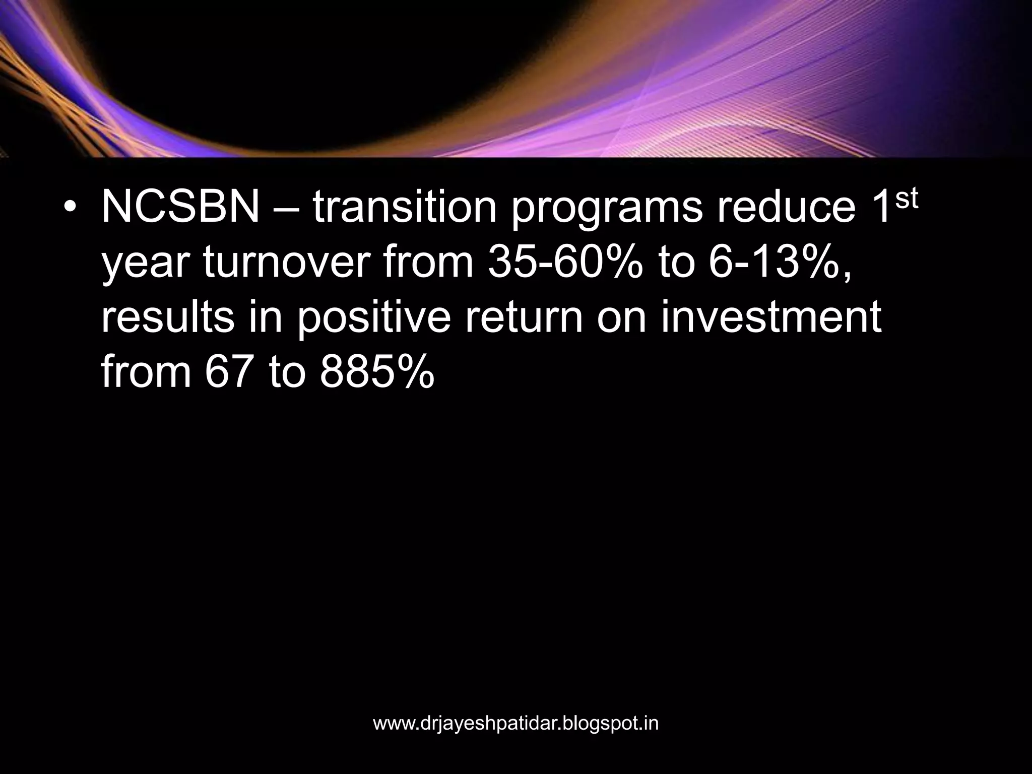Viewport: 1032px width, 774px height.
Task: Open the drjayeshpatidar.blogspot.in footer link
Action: tap(515, 724)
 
